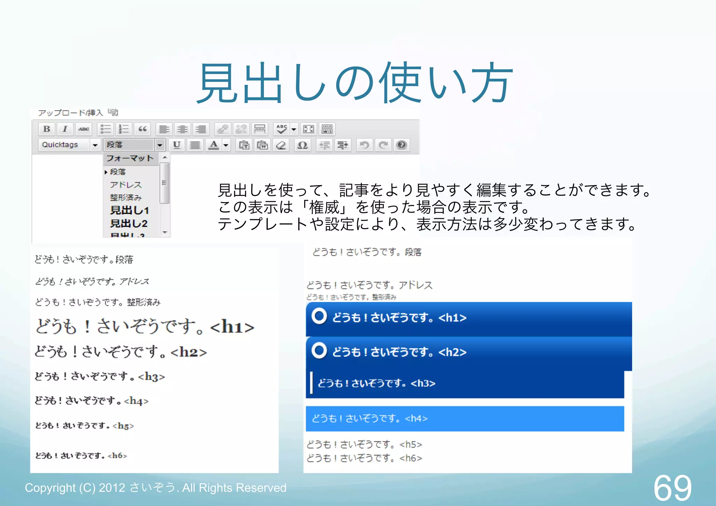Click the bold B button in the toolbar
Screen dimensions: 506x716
(46, 129)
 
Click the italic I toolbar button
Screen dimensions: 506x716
(65, 129)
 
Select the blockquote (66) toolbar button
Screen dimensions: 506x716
(142, 129)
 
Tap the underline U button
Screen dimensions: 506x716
(177, 145)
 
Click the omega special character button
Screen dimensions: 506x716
(302, 145)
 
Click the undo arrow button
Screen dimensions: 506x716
(364, 145)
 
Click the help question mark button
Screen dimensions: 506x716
(402, 145)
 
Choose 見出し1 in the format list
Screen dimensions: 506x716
(129, 210)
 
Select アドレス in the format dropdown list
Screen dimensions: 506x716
(126, 185)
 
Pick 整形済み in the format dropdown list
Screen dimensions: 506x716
(126, 198)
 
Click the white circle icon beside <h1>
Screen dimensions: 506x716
(319, 316)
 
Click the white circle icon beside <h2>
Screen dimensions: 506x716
(319, 350)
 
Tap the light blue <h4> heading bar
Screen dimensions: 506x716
(465, 419)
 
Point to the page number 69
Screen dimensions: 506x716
(672, 488)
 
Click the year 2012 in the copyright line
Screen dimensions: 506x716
(112, 488)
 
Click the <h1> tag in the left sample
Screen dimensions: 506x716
(232, 327)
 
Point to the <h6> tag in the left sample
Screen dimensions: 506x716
(117, 456)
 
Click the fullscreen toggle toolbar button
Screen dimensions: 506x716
(308, 129)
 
